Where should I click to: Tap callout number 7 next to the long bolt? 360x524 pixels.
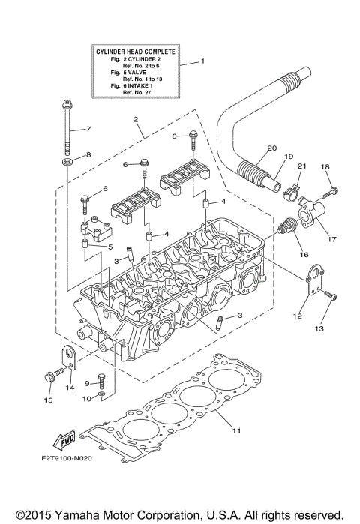click(x=88, y=128)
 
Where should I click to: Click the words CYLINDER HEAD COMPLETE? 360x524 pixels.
click(x=136, y=51)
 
